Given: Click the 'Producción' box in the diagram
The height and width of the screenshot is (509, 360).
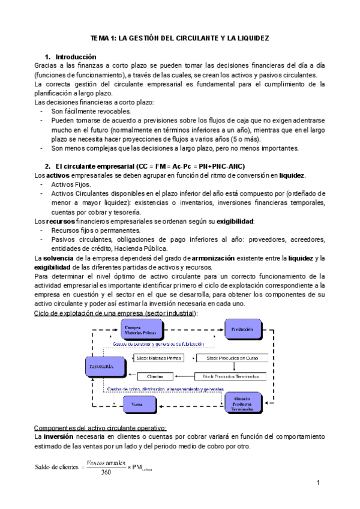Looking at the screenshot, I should [x=245, y=329].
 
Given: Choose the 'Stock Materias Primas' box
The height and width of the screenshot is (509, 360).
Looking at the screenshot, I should [x=159, y=358].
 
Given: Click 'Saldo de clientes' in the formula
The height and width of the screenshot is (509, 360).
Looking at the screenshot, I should [x=58, y=466].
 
